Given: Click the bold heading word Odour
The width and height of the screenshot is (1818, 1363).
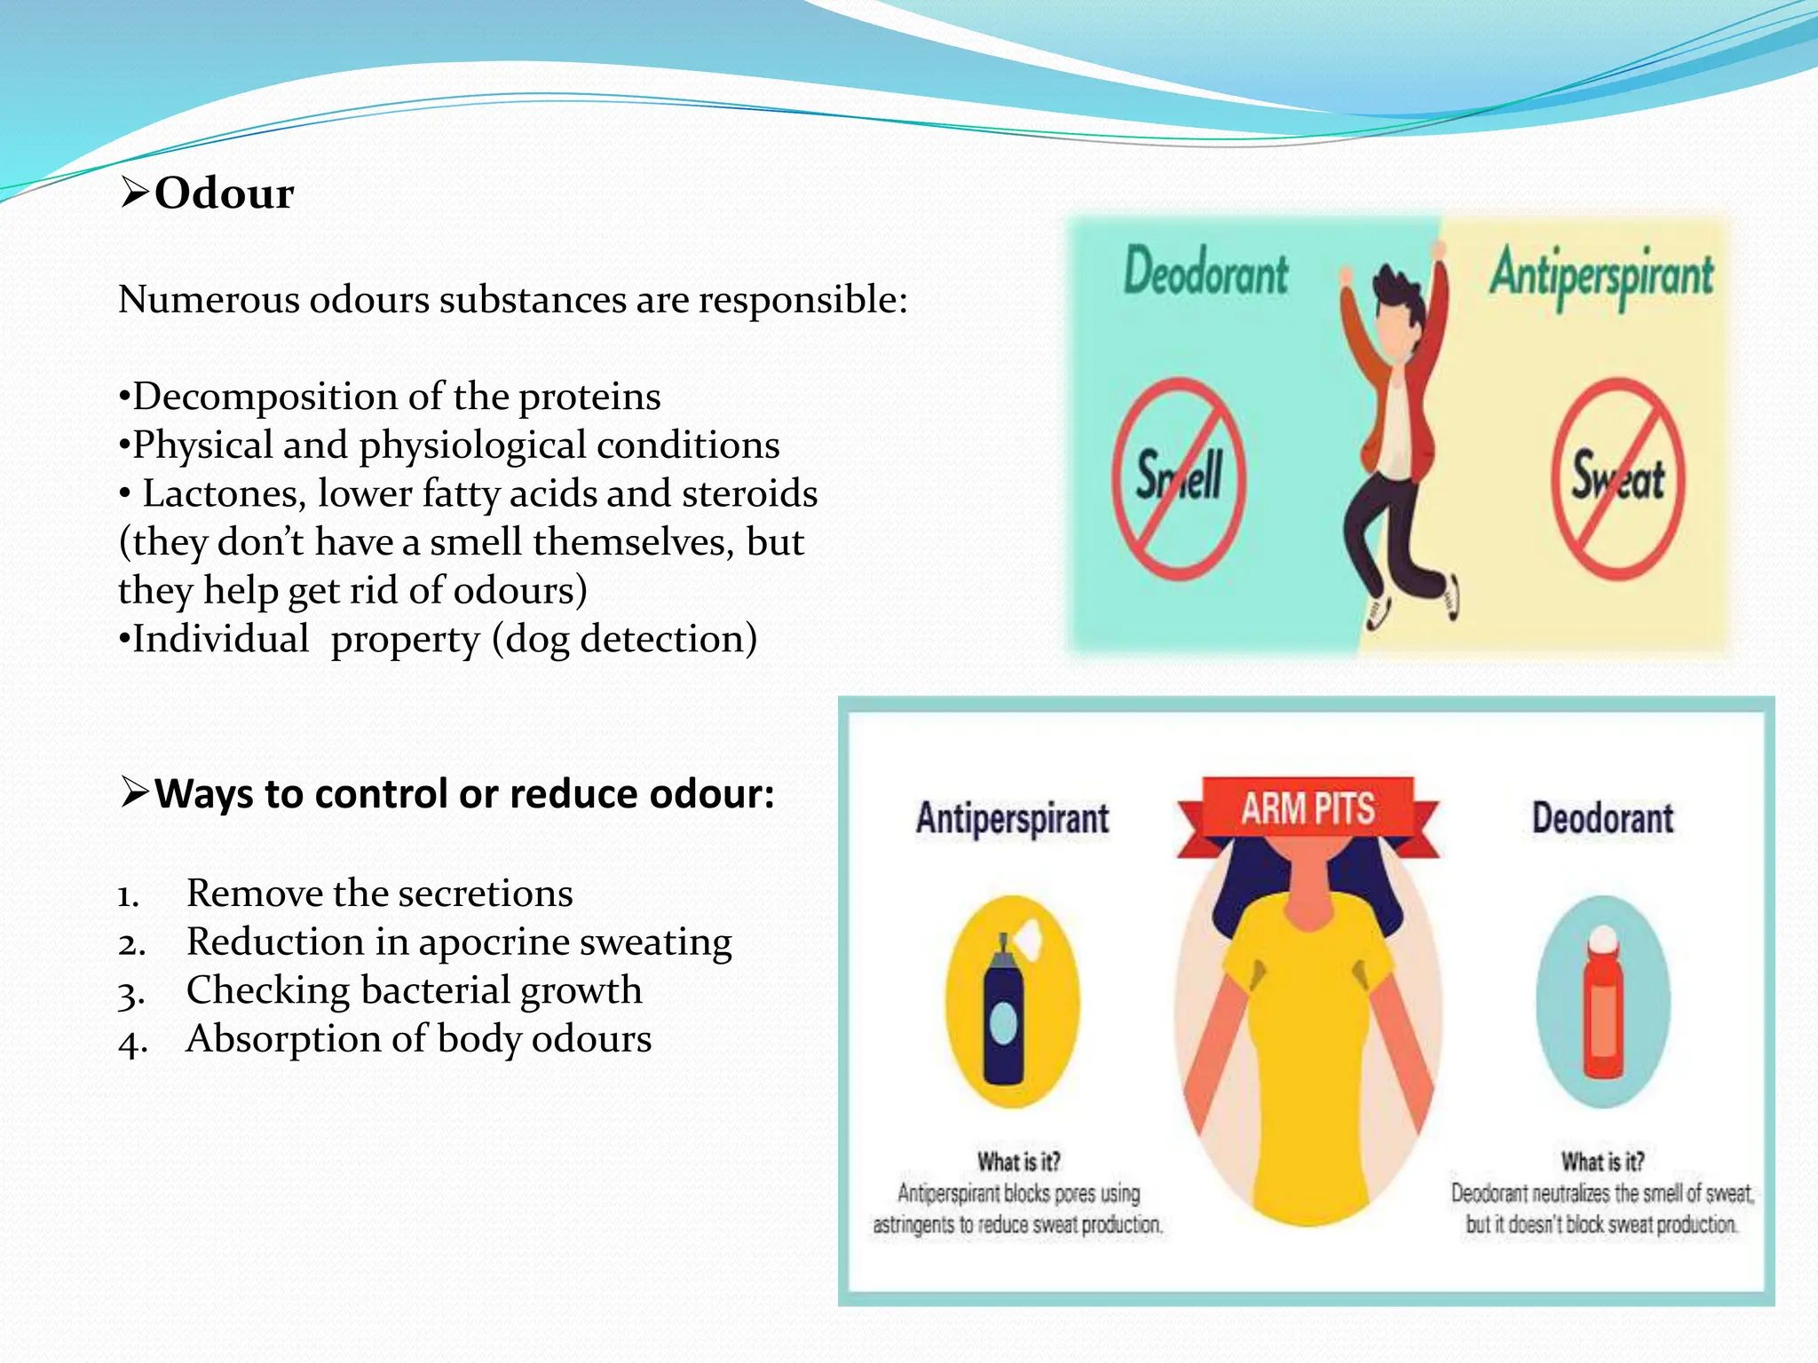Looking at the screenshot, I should [x=224, y=193].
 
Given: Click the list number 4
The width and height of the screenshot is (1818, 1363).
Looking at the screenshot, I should [x=131, y=1041].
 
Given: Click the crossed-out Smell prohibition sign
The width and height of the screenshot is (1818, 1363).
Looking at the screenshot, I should [x=1179, y=479].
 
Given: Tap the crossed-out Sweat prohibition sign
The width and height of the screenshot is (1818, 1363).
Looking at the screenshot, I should [x=1617, y=479].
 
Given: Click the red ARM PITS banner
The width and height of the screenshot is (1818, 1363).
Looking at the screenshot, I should [x=1308, y=809].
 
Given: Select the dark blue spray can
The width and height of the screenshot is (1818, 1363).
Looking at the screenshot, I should [x=1004, y=1012].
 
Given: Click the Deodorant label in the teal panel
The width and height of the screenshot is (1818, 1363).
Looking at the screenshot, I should [x=1205, y=272].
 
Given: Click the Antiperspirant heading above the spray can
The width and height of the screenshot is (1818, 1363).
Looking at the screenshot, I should [x=1012, y=818].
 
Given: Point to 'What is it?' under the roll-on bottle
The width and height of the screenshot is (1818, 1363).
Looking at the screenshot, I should [x=1603, y=1162].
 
